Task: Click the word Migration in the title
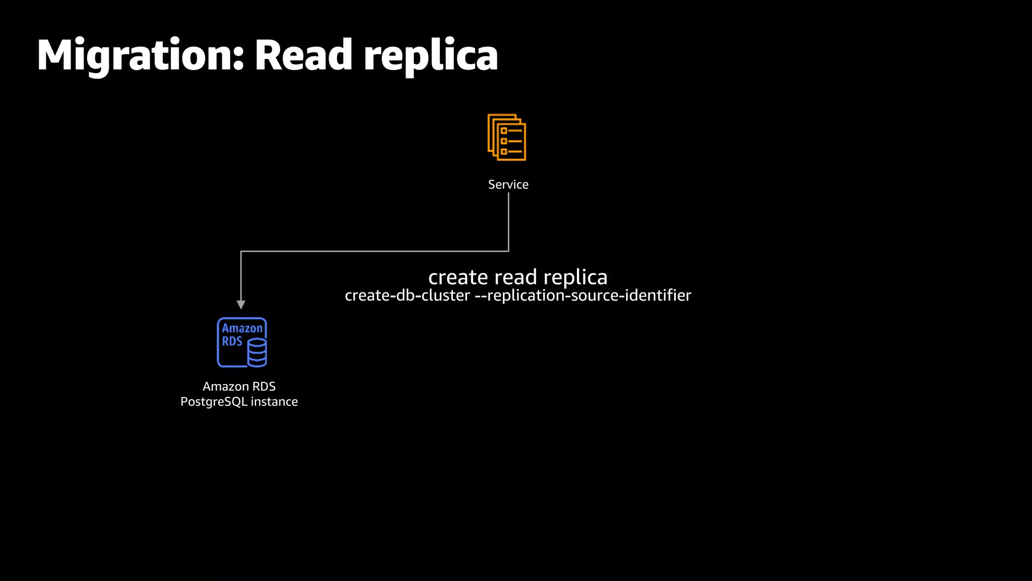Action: pos(136,55)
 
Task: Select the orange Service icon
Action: pos(507,137)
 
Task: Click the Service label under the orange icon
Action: pos(508,185)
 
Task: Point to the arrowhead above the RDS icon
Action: pos(241,305)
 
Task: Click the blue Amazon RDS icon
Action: pos(242,342)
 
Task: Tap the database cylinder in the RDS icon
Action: pos(257,352)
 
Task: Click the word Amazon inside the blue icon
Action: pos(242,328)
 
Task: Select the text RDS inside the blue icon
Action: pos(232,341)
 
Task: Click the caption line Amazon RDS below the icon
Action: pos(239,386)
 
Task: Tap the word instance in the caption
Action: pos(274,401)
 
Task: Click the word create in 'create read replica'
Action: pos(458,277)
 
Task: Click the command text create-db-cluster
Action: pos(407,296)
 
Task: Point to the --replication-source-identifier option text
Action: pos(583,296)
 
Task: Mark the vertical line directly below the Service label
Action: pos(508,222)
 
